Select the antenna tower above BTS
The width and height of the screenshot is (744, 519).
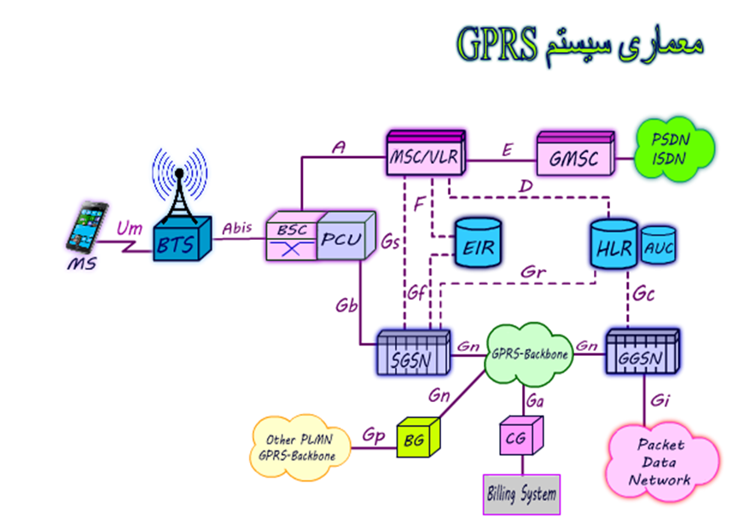pyautogui.click(x=180, y=184)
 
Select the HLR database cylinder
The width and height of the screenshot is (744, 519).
pyautogui.click(x=613, y=246)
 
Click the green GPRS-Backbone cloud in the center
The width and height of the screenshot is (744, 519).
pyautogui.click(x=529, y=353)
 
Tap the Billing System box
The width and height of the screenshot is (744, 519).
pyautogui.click(x=520, y=493)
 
